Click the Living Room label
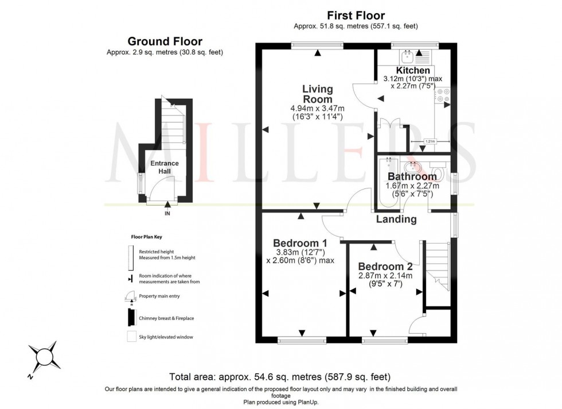pyautogui.click(x=317, y=94)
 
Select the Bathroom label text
pyautogui.click(x=412, y=176)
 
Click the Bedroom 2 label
pyautogui.click(x=385, y=267)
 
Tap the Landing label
pyautogui.click(x=396, y=219)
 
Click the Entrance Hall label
pyautogui.click(x=165, y=167)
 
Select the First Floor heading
pyautogui.click(x=356, y=16)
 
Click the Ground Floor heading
pyautogui.click(x=165, y=41)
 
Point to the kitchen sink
pyautogui.click(x=409, y=56)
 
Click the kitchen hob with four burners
pyautogui.click(x=443, y=95)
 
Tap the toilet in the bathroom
pyautogui.click(x=439, y=170)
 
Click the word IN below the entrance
pyautogui.click(x=167, y=213)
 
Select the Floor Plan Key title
pyautogui.click(x=146, y=236)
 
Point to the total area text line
pyautogui.click(x=280, y=377)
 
